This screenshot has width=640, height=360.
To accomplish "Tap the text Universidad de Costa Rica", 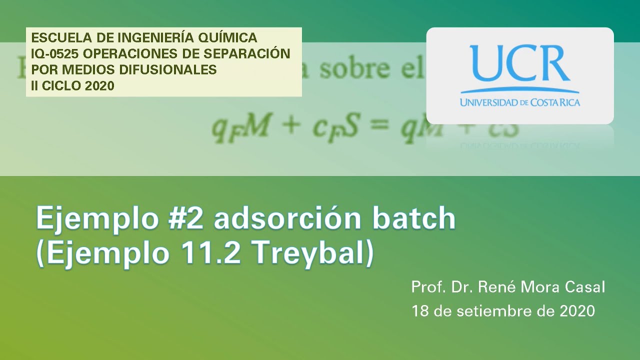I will pos(520,102).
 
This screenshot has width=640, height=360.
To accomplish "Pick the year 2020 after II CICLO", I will pos(99,85).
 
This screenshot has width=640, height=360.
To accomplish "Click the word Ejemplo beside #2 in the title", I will pos(95,219).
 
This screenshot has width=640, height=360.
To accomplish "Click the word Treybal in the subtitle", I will pos(312,254).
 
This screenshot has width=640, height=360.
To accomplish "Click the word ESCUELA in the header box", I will pos(53,37).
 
